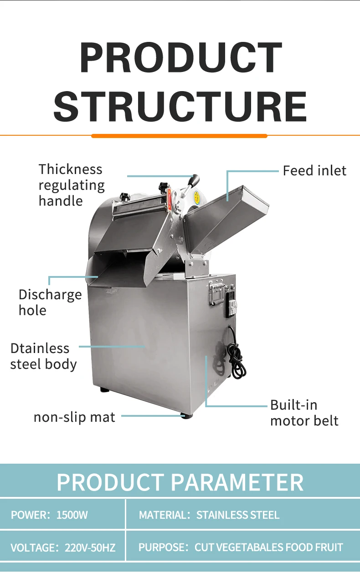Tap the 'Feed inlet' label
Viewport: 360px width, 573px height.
pos(314,171)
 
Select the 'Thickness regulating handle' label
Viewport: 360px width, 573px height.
pos(72,185)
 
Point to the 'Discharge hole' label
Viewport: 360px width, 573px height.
pos(50,302)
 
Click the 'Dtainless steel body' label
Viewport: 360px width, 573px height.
pos(43,356)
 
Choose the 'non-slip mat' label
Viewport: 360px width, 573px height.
pos(74,417)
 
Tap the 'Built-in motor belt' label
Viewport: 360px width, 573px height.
pos(304,412)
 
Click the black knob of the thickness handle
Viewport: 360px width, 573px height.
pos(195,179)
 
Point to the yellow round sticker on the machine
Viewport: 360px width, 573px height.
pos(197,197)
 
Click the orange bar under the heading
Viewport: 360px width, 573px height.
pos(179,136)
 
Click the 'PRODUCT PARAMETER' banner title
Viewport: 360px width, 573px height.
pos(180,482)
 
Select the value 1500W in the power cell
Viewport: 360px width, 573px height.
pos(72,515)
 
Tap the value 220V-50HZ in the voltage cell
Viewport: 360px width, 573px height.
pos(90,547)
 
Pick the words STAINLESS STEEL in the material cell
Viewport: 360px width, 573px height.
pos(237,515)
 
